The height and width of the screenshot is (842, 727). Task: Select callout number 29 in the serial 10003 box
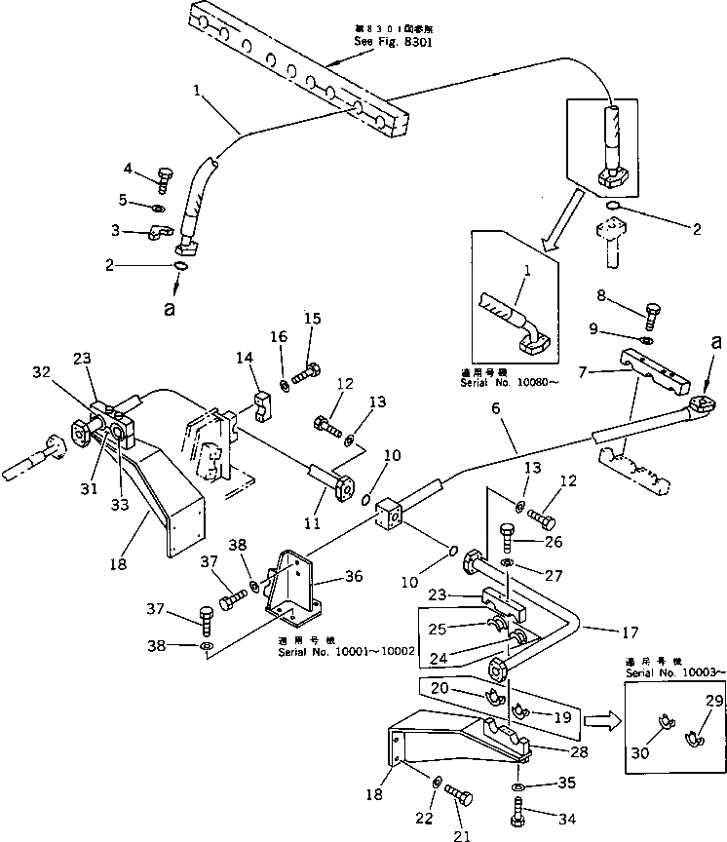(x=687, y=702)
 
